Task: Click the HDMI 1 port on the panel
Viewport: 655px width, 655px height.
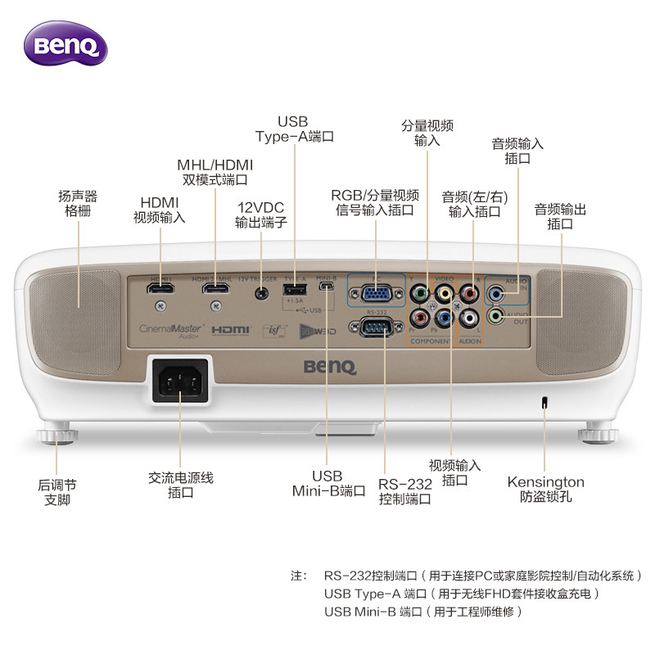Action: [x=161, y=290]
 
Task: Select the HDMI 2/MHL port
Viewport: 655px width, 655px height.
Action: [x=216, y=290]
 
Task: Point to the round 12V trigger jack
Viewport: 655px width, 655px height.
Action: [x=261, y=291]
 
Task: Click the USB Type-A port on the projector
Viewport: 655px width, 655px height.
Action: [x=294, y=290]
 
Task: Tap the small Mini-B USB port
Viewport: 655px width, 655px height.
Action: [x=326, y=288]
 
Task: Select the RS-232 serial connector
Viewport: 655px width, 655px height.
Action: [x=375, y=327]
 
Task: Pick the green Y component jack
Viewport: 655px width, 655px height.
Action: [x=418, y=291]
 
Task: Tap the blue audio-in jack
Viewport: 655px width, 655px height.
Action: [x=496, y=291]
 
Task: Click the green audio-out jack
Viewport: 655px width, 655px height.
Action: [x=496, y=316]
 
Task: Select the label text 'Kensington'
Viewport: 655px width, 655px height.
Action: [x=545, y=482]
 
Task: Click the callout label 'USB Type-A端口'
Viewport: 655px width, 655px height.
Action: [x=294, y=129]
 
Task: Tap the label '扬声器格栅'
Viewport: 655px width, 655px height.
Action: [x=78, y=203]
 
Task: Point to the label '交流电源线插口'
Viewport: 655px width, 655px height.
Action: [x=180, y=485]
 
